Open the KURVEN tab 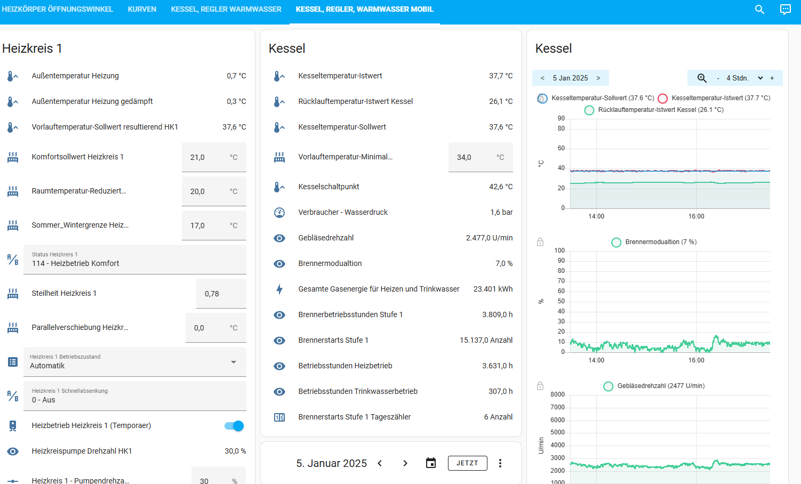click(142, 9)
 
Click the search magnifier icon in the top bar click(759, 9)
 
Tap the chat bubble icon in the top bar click(785, 9)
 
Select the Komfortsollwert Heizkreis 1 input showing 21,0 click(214, 157)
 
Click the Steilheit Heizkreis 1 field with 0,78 click(221, 294)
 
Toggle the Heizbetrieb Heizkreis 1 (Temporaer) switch click(234, 426)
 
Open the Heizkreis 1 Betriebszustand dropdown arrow click(234, 362)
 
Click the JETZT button click(467, 463)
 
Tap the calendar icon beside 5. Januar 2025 click(431, 463)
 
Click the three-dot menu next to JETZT click(500, 463)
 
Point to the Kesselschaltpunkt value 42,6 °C click(501, 187)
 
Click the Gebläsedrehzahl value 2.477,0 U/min click(489, 238)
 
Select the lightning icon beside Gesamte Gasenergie click(279, 289)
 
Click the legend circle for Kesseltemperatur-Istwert click(663, 98)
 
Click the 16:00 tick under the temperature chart click(696, 216)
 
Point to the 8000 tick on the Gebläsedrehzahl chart click(557, 394)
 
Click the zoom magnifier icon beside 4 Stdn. click(702, 78)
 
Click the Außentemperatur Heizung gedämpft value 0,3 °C click(236, 101)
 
